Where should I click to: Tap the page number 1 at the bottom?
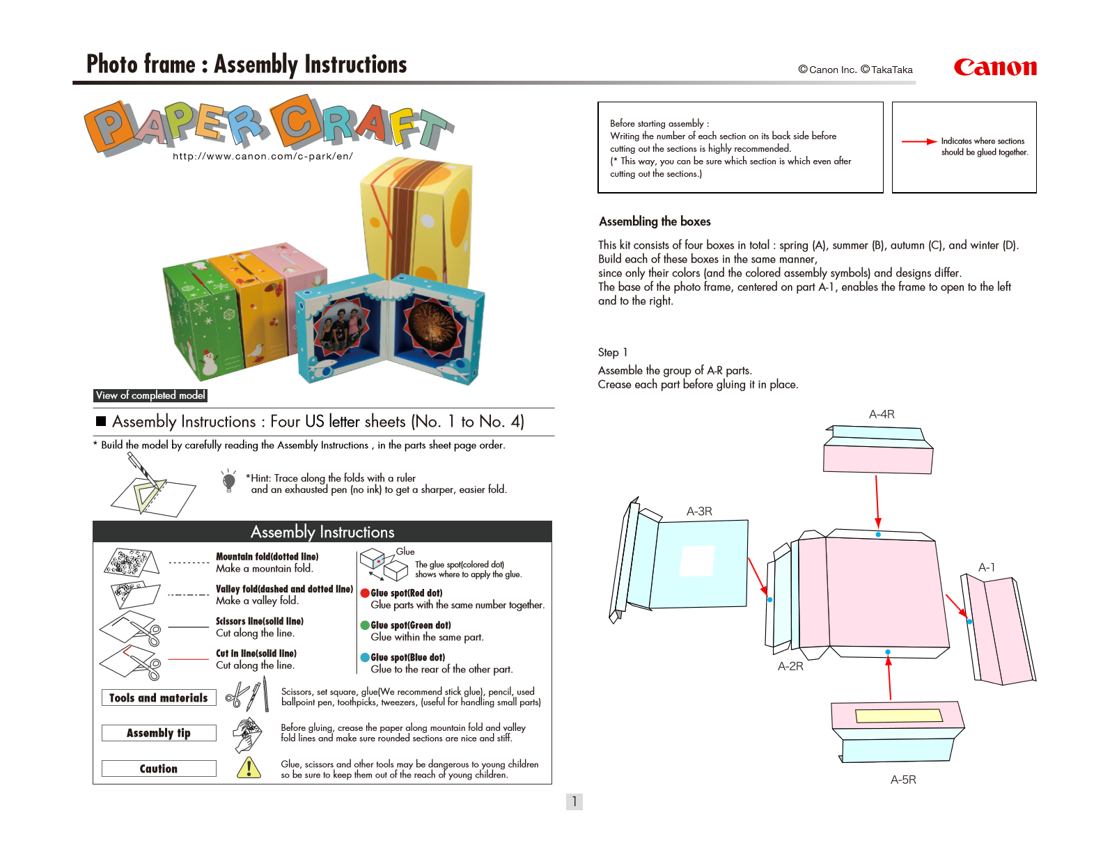coord(574,801)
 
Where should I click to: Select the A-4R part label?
coord(882,414)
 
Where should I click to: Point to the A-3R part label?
coord(699,512)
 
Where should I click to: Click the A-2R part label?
coord(790,666)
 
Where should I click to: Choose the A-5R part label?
coord(903,780)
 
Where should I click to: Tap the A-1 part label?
coord(986,567)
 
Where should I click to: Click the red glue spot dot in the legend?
coord(365,593)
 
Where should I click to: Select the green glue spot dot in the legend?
coord(365,625)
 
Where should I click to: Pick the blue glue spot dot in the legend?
coord(365,657)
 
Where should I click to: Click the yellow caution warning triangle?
coord(249,768)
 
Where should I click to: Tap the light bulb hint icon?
coord(228,480)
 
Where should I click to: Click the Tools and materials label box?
coord(159,697)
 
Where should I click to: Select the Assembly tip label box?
coord(159,733)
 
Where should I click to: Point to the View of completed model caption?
coord(150,395)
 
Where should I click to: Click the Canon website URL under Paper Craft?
coord(263,157)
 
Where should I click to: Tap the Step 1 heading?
coord(612,352)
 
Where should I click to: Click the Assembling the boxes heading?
coord(655,221)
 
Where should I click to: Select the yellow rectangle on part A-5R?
coord(898,716)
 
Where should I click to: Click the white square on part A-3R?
coord(697,561)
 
